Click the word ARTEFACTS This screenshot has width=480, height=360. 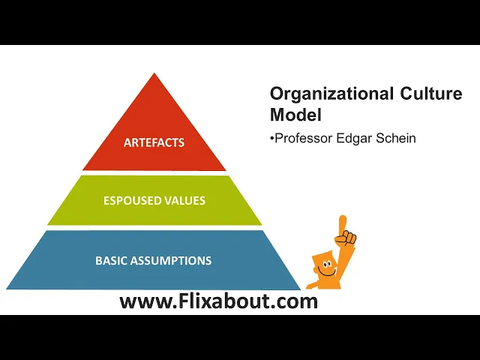point(154,142)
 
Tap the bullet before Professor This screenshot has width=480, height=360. point(271,138)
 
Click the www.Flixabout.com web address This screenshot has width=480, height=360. point(219,301)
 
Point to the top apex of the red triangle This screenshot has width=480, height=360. point(154,74)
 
